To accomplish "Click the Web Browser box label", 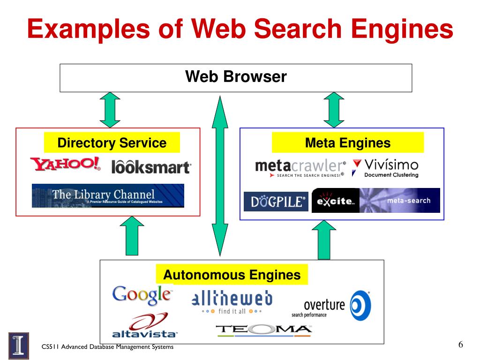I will tap(236, 76).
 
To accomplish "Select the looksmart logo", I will tap(151, 166).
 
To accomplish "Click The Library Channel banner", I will tap(108, 195).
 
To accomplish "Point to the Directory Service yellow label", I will tap(112, 143).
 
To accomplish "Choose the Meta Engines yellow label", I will tap(347, 142).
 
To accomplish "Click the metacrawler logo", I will tap(300, 168).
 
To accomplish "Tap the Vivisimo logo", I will tap(385, 168).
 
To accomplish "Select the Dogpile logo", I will tap(276, 202).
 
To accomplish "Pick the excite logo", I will tap(335, 201).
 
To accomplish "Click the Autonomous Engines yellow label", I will tap(232, 275).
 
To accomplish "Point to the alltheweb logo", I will tap(232, 302).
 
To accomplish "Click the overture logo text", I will tap(323, 305).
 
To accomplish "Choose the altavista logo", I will tap(145, 327).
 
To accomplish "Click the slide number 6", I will tap(460, 345).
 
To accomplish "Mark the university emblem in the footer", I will tap(18, 345).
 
